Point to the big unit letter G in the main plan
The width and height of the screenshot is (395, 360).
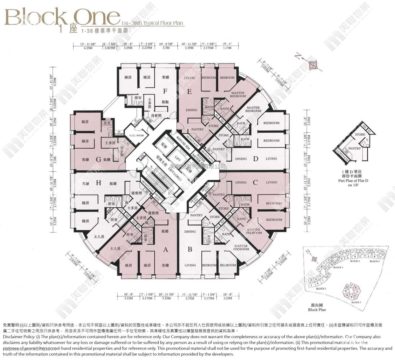[x=98, y=160]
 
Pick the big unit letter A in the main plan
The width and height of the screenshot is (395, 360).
[x=165, y=250]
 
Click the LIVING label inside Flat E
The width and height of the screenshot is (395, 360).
[x=189, y=78]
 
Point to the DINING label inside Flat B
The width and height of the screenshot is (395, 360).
[x=190, y=232]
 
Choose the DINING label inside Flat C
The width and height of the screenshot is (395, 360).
[x=241, y=182]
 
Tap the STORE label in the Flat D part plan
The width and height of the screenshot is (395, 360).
[x=360, y=134]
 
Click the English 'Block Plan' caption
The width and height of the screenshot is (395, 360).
[x=317, y=310]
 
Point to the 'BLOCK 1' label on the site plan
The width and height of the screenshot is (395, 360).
[x=356, y=302]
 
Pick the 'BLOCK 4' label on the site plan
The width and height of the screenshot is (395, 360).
[x=355, y=261]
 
